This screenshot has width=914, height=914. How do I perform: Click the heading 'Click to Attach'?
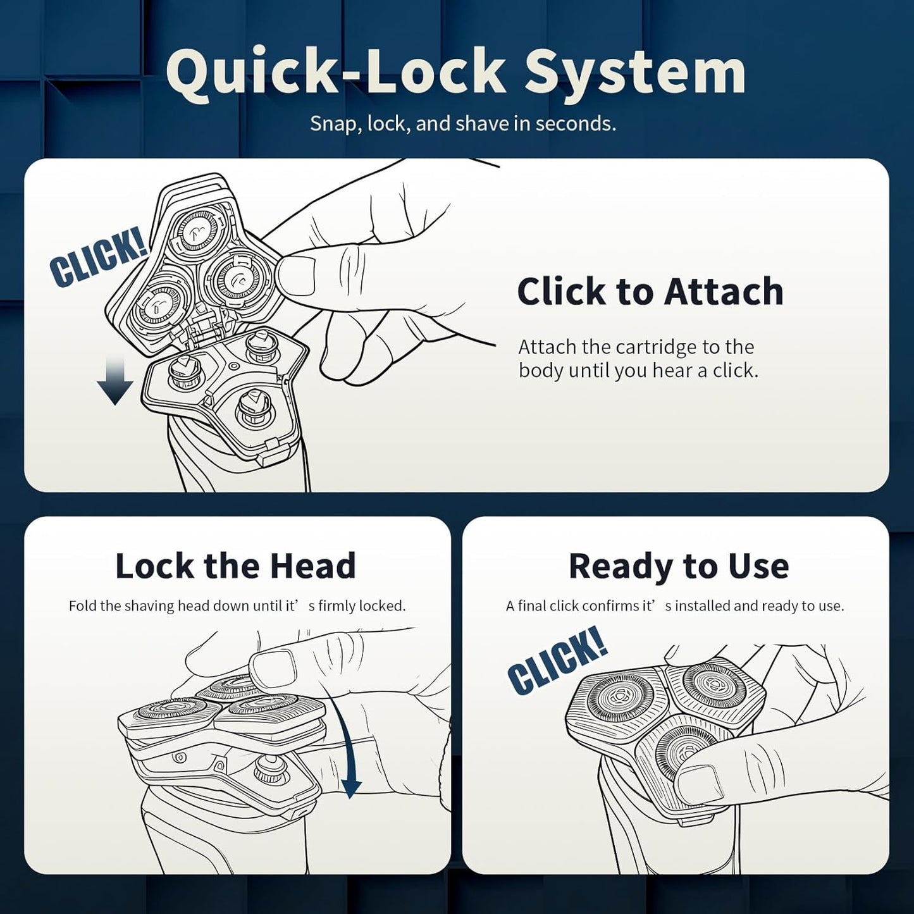click(650, 291)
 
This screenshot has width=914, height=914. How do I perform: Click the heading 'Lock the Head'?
click(236, 566)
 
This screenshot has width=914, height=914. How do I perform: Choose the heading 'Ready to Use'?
click(679, 566)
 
